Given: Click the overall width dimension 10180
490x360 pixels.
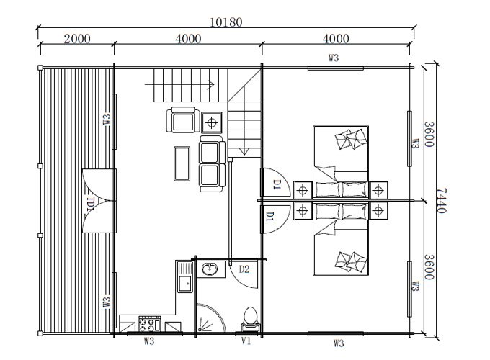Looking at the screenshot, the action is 226,22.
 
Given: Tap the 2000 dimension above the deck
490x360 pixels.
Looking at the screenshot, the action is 77,39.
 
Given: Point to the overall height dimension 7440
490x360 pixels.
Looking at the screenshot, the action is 441,200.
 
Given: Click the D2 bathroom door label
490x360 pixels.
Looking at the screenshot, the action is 244,269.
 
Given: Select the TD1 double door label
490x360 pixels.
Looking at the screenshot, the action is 90,204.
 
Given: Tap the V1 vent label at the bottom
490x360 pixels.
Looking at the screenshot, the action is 246,341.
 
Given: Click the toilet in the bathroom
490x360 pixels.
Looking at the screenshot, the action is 250,318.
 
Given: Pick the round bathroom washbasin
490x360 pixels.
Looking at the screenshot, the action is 210,269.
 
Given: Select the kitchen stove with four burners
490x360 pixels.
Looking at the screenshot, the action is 150,324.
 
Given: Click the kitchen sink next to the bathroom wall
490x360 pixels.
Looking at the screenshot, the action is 185,277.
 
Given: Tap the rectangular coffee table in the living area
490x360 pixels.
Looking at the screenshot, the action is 182,163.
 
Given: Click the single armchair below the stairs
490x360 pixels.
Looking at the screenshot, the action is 183,120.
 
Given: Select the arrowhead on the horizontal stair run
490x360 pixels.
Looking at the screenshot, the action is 211,84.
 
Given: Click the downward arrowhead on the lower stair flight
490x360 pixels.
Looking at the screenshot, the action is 244,151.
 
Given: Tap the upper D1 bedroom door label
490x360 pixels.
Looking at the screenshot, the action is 277,184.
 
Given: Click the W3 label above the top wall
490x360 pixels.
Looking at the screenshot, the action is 334,58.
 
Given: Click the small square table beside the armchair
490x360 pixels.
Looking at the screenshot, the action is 212,122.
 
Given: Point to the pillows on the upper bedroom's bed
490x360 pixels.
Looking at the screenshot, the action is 351,139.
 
